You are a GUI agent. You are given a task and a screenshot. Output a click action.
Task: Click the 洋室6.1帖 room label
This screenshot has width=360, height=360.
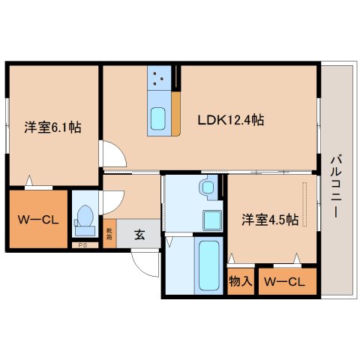pyautogui.click(x=52, y=127)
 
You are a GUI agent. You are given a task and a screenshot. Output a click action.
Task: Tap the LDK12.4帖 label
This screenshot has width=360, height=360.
pyautogui.click(x=229, y=119)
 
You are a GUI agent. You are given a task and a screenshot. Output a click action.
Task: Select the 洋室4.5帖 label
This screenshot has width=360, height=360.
pyautogui.click(x=270, y=220)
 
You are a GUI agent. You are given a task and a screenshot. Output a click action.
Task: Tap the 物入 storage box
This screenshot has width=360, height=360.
pyautogui.click(x=239, y=282)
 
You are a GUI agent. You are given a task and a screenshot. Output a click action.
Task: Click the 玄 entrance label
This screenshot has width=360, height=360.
pyautogui.click(x=139, y=234)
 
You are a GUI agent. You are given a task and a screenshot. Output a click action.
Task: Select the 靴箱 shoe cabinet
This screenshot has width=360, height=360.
pyautogui.click(x=109, y=234)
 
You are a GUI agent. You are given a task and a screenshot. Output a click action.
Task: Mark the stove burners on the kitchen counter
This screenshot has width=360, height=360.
pyautogui.click(x=160, y=77)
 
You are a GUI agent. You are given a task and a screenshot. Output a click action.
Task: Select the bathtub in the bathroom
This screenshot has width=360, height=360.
pyautogui.click(x=208, y=267)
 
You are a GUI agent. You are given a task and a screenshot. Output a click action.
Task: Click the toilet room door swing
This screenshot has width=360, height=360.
pyautogui.click(x=112, y=201)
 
